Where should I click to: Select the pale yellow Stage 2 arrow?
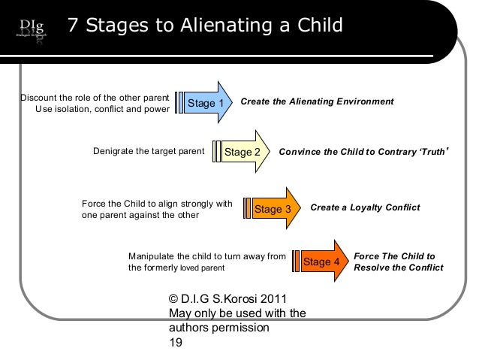(244, 151)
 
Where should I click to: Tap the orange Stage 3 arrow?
(274, 208)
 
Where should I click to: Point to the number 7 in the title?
(73, 26)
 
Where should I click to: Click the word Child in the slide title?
(316, 26)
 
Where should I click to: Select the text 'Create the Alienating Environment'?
(317, 101)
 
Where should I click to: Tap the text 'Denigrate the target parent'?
(149, 150)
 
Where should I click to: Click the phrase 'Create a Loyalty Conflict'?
(365, 207)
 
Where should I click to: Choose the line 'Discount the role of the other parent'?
(94, 97)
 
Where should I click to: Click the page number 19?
(176, 342)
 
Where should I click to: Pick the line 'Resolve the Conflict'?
(398, 268)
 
